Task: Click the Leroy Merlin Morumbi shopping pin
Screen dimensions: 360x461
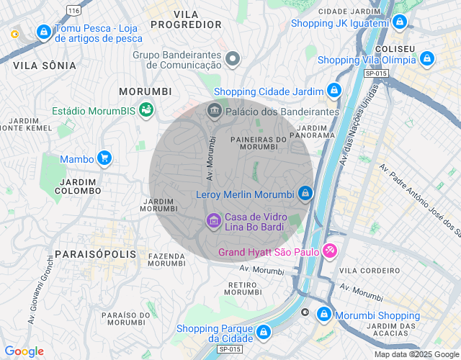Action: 305,194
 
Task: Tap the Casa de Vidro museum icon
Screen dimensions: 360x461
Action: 213,220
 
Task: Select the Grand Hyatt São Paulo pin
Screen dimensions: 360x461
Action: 330,251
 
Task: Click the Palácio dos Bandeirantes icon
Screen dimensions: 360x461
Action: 214,111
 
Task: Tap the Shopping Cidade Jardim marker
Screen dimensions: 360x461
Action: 334,91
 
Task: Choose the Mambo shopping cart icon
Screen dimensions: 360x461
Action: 105,158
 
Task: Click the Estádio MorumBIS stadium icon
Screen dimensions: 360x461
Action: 146,110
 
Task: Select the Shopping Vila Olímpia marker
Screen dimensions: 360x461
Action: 427,59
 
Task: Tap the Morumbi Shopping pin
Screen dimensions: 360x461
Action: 324,315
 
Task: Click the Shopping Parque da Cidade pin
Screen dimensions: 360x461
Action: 264,332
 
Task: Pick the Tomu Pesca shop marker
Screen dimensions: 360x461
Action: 44,32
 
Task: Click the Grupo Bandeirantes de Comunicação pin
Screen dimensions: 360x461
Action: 232,58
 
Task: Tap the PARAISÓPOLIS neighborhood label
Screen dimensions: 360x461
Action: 95,255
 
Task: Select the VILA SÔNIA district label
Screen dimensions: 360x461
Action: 45,66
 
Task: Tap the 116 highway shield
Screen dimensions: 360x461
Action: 73,9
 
